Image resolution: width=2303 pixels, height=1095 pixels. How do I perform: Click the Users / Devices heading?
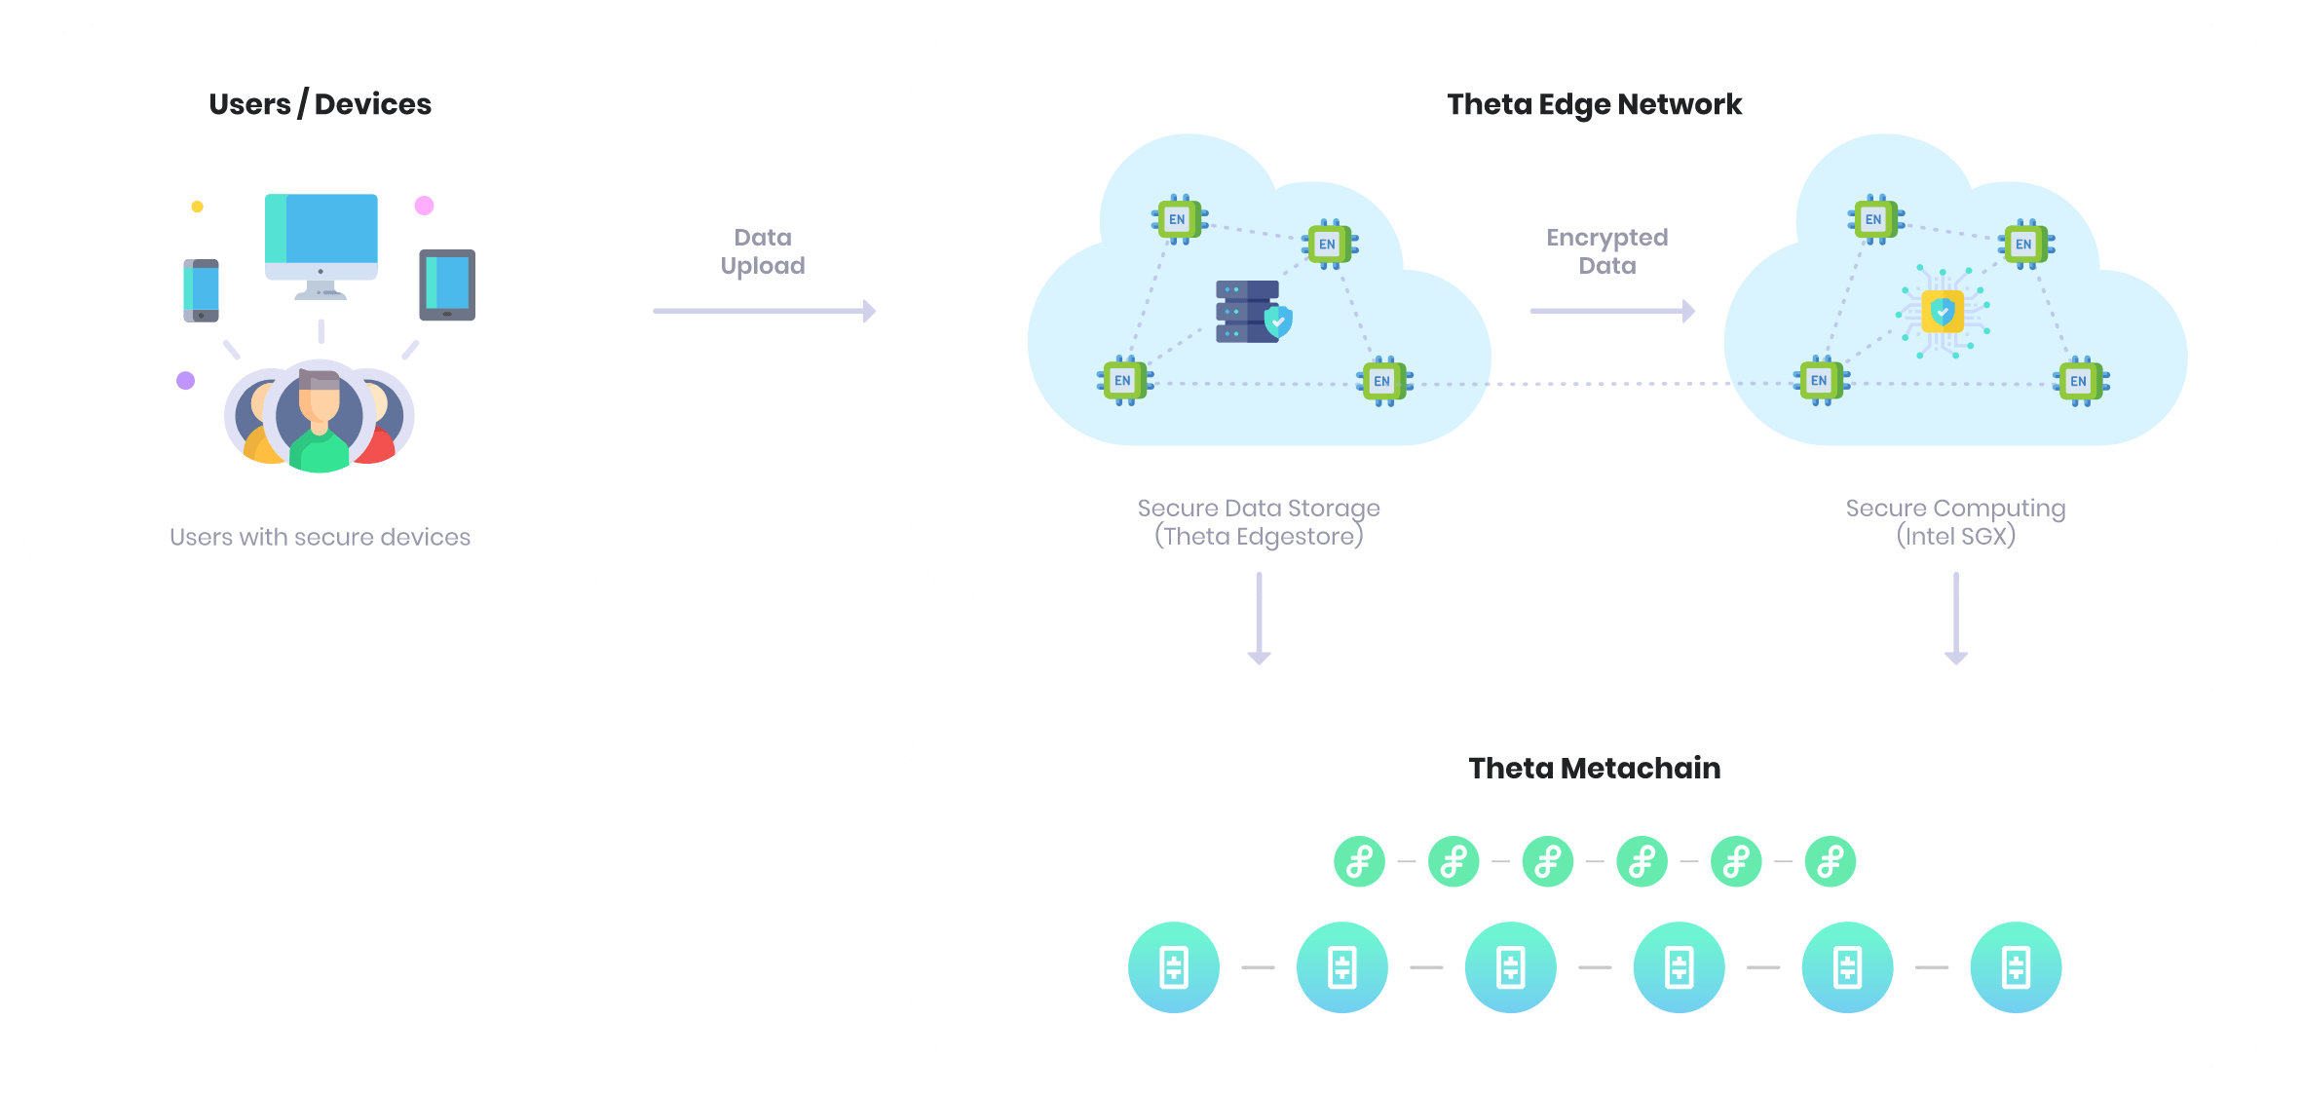(x=320, y=104)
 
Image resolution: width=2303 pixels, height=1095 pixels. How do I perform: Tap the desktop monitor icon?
(x=321, y=244)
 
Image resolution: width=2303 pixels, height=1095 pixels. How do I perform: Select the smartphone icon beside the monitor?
(x=201, y=290)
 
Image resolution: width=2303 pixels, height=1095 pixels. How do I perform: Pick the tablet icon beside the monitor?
(x=447, y=284)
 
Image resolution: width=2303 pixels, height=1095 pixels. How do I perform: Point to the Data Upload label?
(x=763, y=251)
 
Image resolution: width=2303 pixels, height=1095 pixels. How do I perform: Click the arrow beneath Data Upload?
(x=764, y=312)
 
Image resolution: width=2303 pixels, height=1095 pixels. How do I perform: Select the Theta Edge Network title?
(x=1594, y=104)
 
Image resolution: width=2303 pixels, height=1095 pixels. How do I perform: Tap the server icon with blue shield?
(x=1253, y=312)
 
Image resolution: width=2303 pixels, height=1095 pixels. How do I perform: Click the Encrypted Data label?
(x=1606, y=251)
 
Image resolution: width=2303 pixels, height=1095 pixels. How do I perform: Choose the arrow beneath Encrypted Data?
(x=1612, y=312)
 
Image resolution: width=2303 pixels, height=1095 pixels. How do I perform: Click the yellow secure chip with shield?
(x=1943, y=312)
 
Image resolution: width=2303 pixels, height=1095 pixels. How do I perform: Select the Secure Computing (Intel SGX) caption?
(x=1955, y=522)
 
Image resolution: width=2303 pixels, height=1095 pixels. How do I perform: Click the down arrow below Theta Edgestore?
(x=1259, y=620)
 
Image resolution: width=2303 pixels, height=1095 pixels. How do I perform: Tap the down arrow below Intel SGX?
(x=1956, y=620)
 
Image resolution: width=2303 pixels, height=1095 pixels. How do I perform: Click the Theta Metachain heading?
(x=1594, y=768)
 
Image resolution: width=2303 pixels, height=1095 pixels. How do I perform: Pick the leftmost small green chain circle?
(x=1359, y=861)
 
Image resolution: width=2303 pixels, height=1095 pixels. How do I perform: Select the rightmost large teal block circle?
(x=2016, y=967)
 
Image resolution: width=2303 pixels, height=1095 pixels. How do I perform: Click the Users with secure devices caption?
(x=320, y=537)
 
